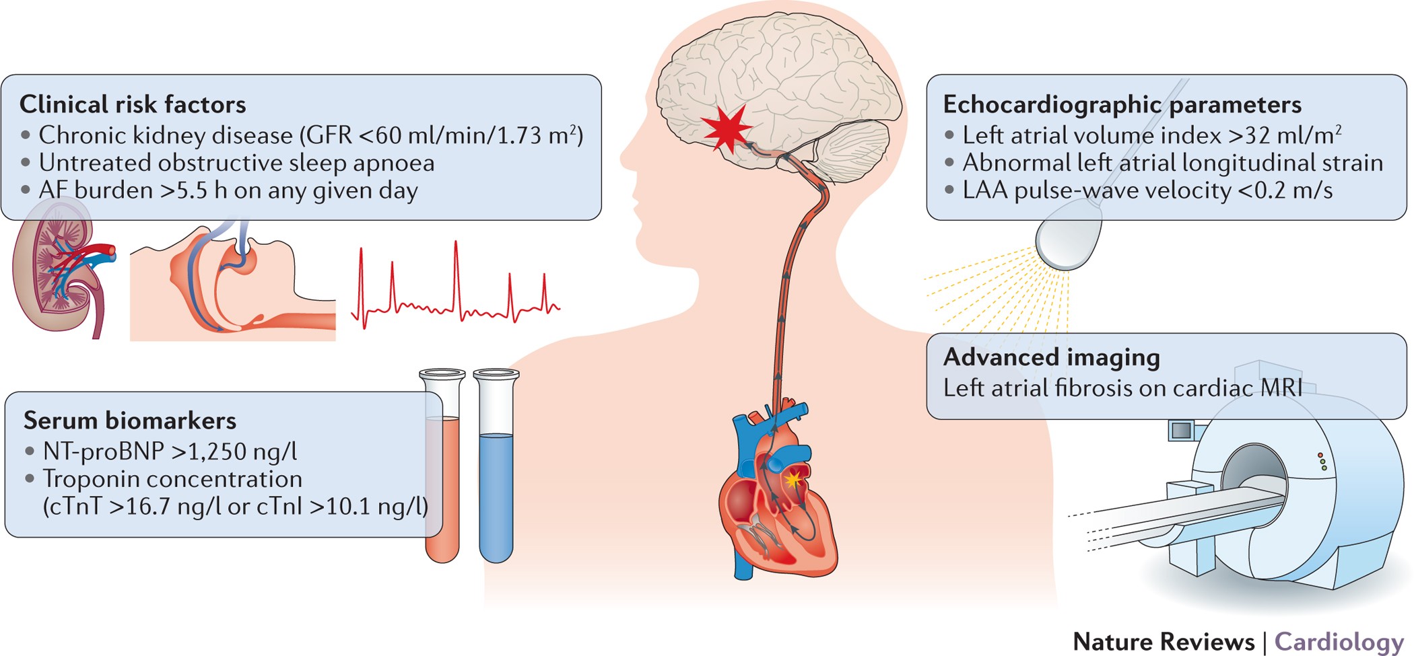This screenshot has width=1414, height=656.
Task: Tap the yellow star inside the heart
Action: point(794,479)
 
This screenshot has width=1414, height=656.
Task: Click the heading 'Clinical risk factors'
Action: point(133,104)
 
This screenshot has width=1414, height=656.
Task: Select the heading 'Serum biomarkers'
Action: point(130,421)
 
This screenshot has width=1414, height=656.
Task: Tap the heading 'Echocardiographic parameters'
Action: point(1122,104)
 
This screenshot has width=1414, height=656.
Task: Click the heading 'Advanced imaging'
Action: point(1051,357)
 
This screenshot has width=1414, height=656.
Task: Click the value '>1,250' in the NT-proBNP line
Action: point(208,451)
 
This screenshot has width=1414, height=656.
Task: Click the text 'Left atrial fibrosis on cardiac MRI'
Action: point(1122,388)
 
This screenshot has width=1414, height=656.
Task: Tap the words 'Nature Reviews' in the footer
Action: point(1163,641)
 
